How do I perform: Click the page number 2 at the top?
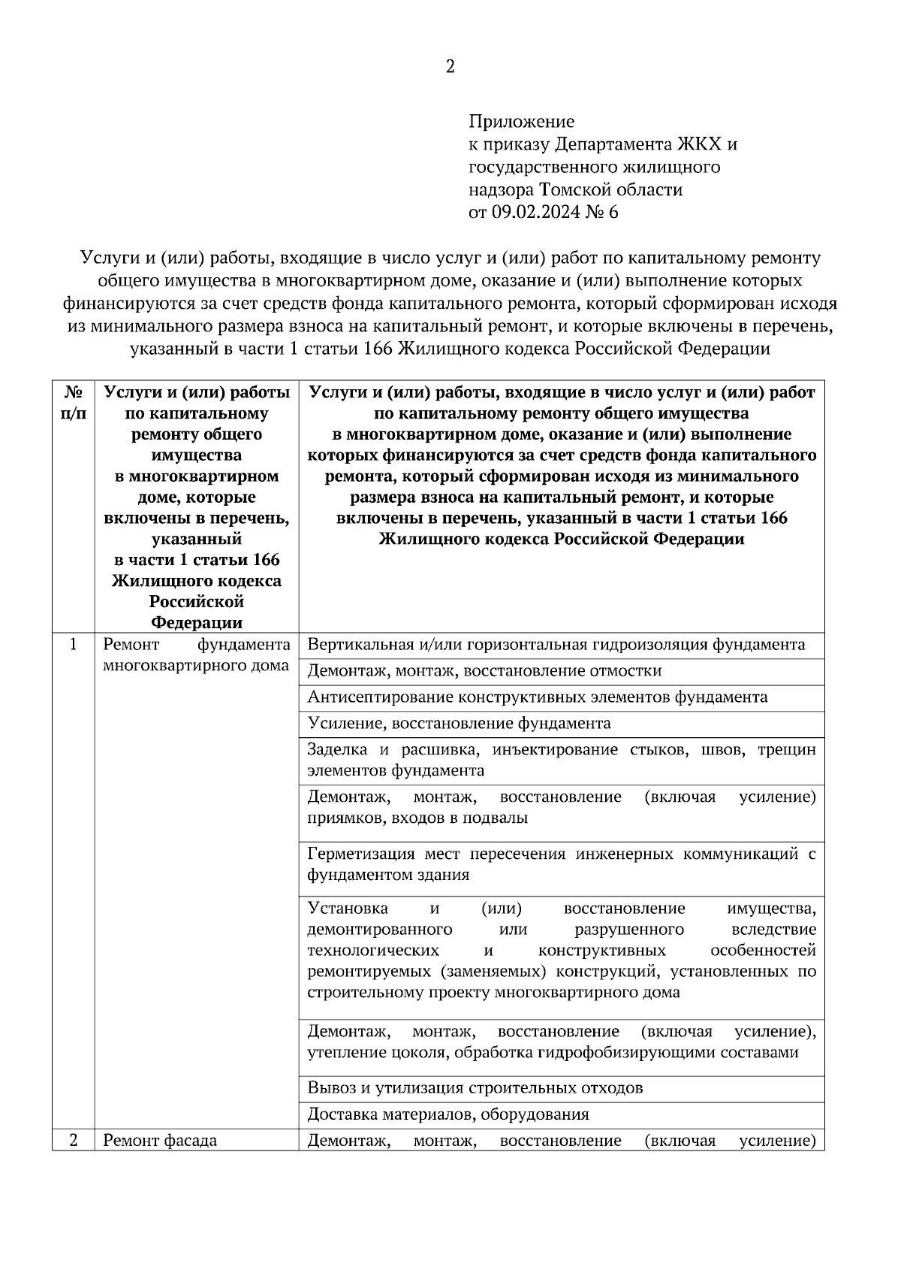(x=450, y=67)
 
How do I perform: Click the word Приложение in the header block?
(x=521, y=121)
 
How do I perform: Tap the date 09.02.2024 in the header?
(x=536, y=213)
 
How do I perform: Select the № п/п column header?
(x=73, y=403)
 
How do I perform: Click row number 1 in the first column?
(x=73, y=644)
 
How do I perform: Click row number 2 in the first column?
(x=73, y=1140)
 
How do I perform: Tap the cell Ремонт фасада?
(x=160, y=1141)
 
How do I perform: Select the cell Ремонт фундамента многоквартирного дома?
(x=196, y=655)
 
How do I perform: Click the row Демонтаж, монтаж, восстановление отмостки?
(x=484, y=671)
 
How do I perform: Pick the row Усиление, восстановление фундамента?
(x=459, y=724)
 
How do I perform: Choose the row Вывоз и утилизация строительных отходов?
(x=475, y=1088)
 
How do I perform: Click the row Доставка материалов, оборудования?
(x=448, y=1114)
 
